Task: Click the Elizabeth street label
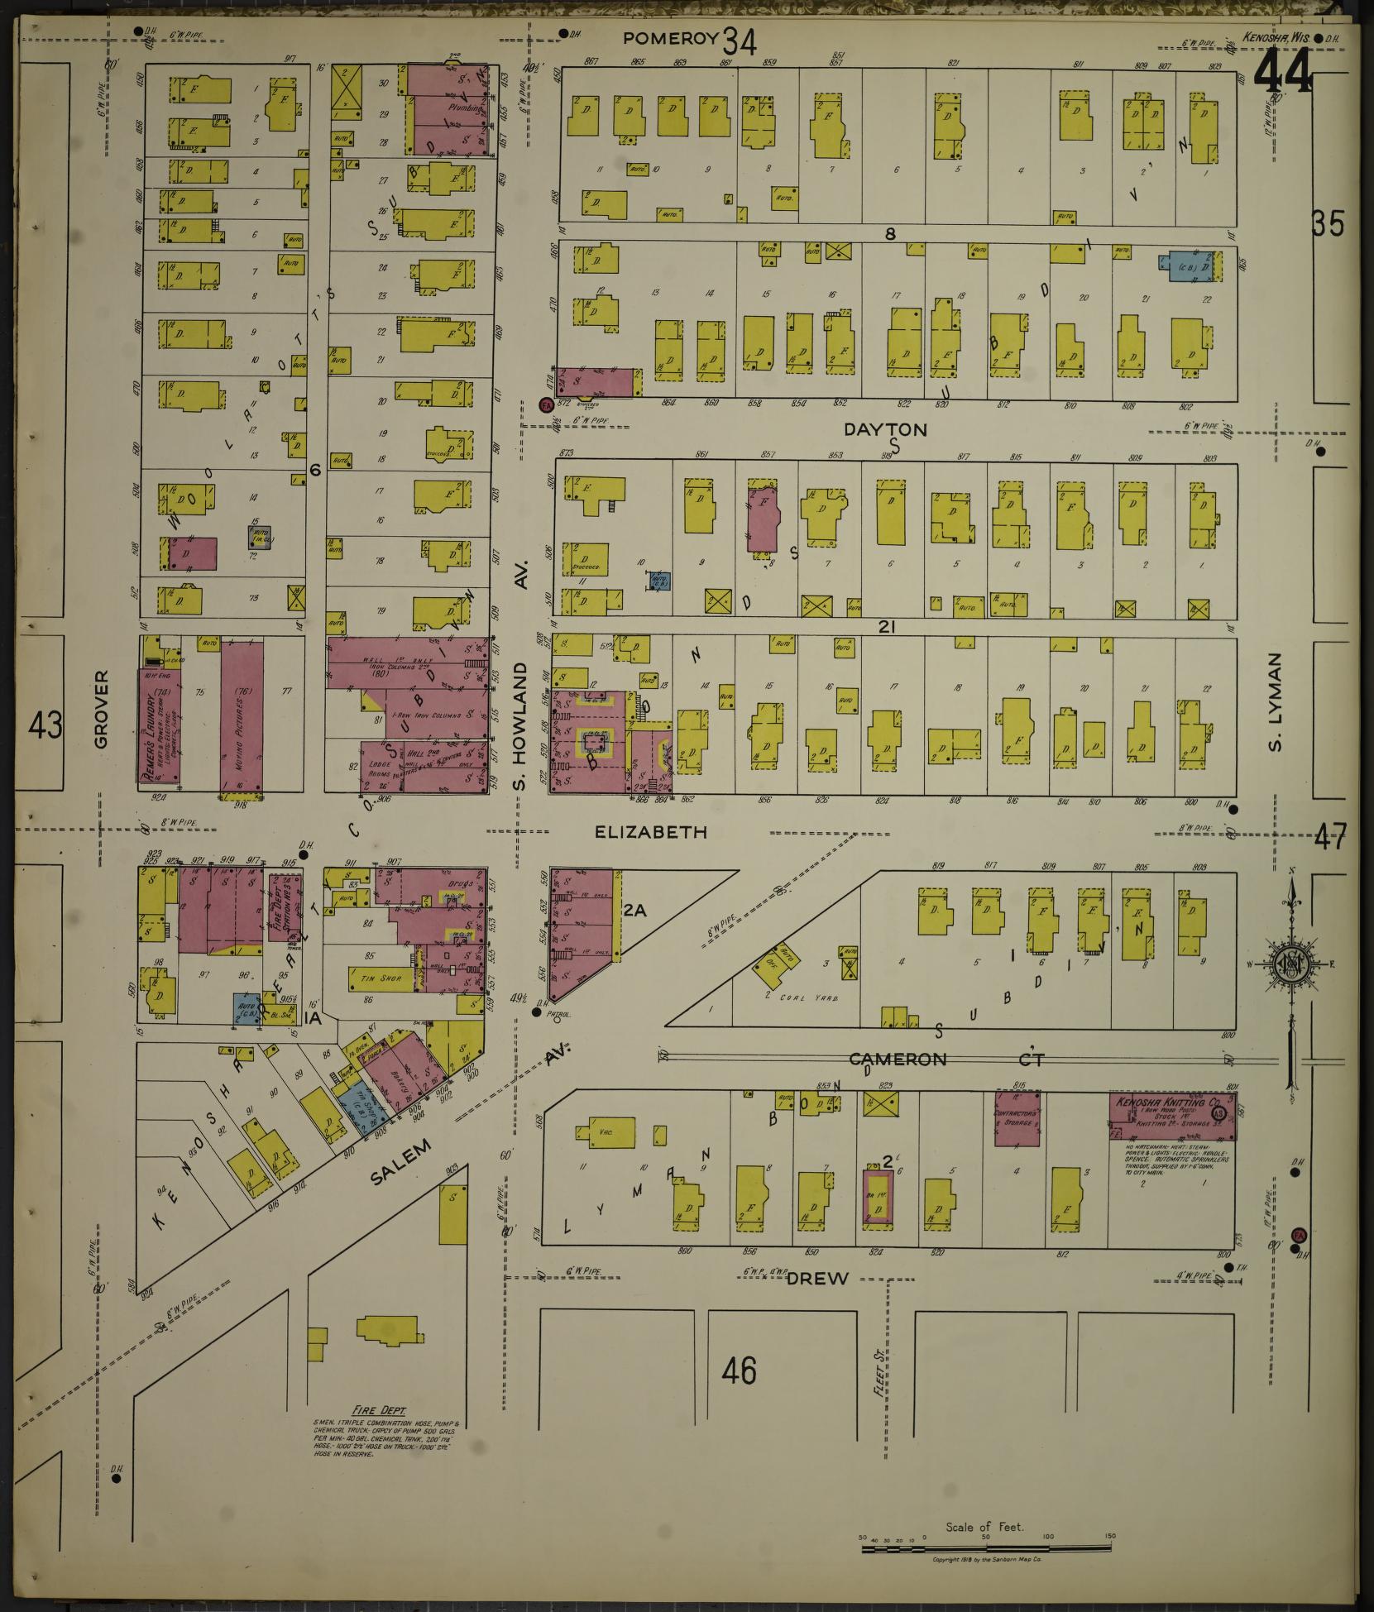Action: pos(651,832)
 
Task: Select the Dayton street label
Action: pos(885,429)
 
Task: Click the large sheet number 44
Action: pos(1282,70)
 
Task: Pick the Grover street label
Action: pos(101,709)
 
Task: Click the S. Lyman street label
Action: pos(1275,703)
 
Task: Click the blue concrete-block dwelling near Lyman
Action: pos(1185,267)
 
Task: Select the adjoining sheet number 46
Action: pos(738,1371)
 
